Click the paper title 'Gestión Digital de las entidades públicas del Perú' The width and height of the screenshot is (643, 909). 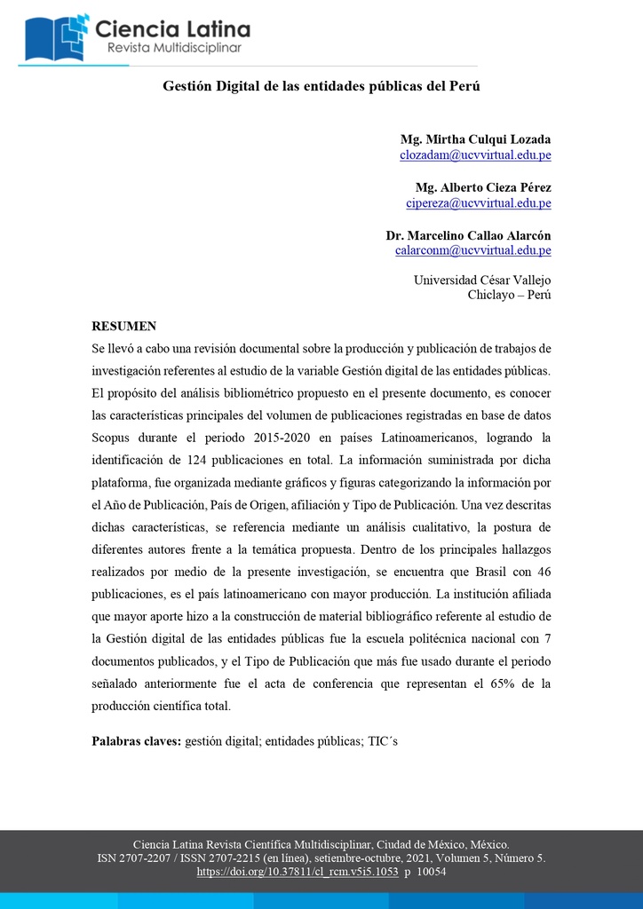(x=321, y=86)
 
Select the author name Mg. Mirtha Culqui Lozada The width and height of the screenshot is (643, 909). (x=475, y=139)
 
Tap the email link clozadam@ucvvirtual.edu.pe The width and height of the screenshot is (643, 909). (x=475, y=154)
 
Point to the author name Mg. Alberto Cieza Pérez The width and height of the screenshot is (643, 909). (x=483, y=187)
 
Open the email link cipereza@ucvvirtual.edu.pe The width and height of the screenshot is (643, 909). (x=479, y=202)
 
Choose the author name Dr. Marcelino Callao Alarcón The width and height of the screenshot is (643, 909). (x=468, y=235)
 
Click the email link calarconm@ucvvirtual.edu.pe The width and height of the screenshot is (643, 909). (x=473, y=250)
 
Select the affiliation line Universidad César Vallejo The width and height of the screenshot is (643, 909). (x=482, y=280)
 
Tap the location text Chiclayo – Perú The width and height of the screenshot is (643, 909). (x=509, y=295)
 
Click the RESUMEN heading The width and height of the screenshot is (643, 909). (x=124, y=326)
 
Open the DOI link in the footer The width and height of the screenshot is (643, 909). (x=298, y=872)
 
